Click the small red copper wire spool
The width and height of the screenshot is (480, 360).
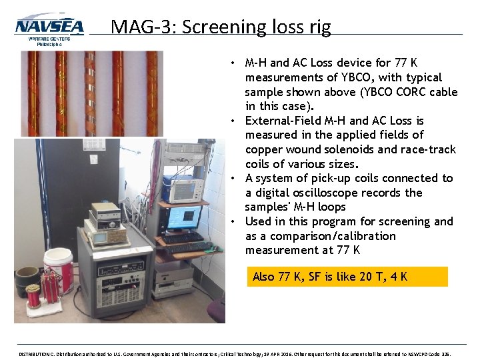tap(33, 295)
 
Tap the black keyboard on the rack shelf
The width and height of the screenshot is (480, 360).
tap(182, 237)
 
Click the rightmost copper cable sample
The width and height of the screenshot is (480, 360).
tap(151, 93)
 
